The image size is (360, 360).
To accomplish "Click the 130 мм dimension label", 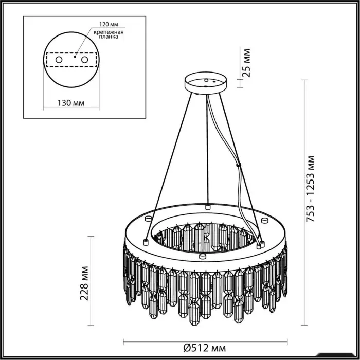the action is [x=71, y=103].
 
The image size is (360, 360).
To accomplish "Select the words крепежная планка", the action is [x=109, y=34].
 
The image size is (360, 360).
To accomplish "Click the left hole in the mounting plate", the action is [x=59, y=60].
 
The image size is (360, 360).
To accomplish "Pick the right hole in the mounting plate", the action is [x=84, y=60].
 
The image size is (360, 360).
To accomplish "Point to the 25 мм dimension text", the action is [x=246, y=63].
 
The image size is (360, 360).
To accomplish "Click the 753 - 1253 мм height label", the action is [x=310, y=189].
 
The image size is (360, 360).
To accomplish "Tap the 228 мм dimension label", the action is [x=84, y=283].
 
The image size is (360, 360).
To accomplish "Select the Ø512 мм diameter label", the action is [x=205, y=348].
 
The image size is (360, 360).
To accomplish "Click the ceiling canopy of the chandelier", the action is [x=206, y=83].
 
